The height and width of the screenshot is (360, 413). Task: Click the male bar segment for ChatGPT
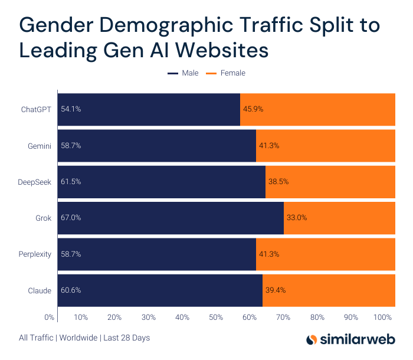(149, 109)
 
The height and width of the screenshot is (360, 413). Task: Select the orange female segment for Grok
(339, 218)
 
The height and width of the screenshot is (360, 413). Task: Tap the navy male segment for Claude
(160, 290)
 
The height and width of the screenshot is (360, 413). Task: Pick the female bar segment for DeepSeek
(330, 182)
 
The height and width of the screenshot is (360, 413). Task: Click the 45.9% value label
(253, 109)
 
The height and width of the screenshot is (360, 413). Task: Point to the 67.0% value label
(71, 218)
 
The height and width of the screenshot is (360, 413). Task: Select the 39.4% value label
(276, 290)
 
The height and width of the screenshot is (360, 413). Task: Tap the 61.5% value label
(71, 182)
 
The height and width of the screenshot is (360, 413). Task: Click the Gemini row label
(40, 146)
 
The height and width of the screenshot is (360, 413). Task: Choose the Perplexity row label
(35, 254)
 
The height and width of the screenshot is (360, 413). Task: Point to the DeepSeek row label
(34, 182)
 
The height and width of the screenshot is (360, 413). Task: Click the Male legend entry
(183, 73)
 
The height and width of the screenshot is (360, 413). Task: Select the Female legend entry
(225, 73)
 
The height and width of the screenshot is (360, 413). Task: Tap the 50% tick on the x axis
(216, 318)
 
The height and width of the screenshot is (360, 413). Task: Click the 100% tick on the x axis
(383, 318)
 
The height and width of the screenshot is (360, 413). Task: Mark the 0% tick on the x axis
(49, 318)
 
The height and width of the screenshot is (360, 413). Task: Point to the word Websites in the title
(222, 50)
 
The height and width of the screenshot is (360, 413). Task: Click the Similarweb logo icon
(312, 340)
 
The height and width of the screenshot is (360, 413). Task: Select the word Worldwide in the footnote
(78, 338)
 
